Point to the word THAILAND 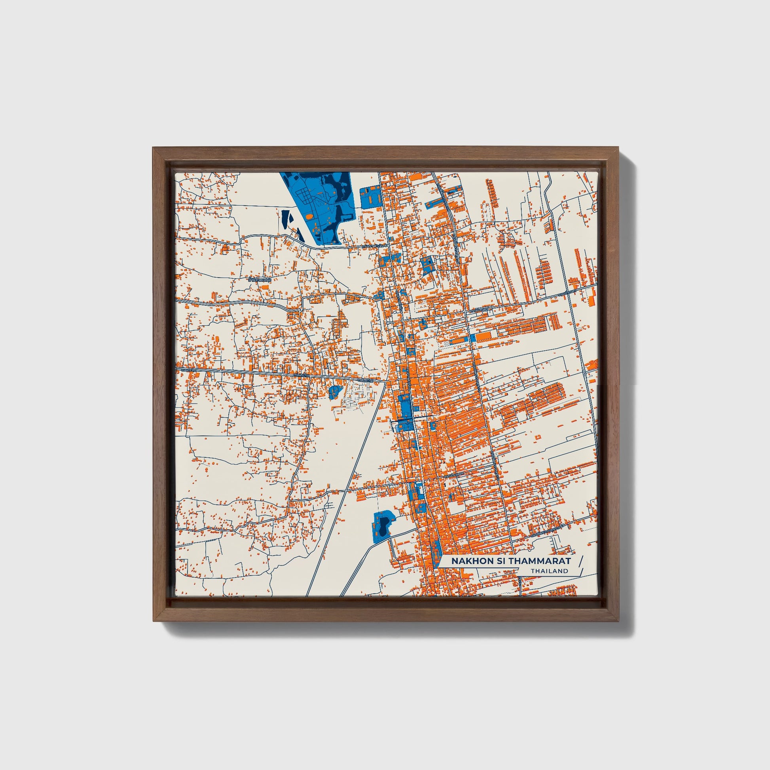pos(549,571)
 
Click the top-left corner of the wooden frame pos(153,148)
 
